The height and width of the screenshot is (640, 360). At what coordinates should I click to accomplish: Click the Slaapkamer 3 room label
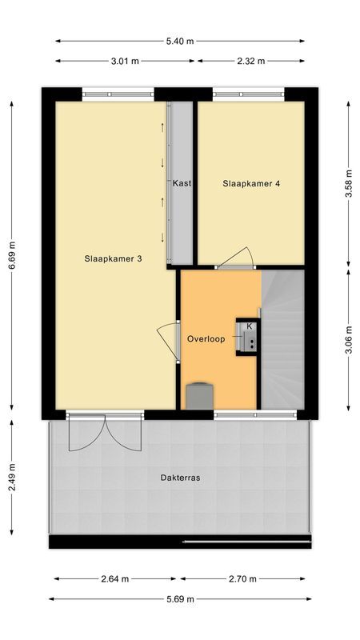114,258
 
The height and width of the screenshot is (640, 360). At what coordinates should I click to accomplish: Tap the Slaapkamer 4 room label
251,183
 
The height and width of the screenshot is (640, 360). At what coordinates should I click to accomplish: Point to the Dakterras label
180,478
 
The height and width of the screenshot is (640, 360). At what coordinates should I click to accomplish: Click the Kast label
182,183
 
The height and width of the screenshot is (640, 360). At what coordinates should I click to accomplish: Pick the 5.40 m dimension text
180,41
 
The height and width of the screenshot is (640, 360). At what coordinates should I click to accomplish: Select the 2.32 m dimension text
251,60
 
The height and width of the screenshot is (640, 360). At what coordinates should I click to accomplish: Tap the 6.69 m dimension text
12,256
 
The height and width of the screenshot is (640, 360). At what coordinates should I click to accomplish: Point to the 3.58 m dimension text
349,183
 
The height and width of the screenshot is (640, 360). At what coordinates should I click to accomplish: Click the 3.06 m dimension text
349,339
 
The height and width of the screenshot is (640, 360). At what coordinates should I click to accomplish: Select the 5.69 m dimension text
180,598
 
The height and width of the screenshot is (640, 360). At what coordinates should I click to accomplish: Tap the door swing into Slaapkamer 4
238,258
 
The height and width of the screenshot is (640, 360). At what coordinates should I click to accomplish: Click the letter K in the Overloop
250,326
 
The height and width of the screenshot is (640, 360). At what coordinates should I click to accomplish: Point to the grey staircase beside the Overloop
284,340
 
